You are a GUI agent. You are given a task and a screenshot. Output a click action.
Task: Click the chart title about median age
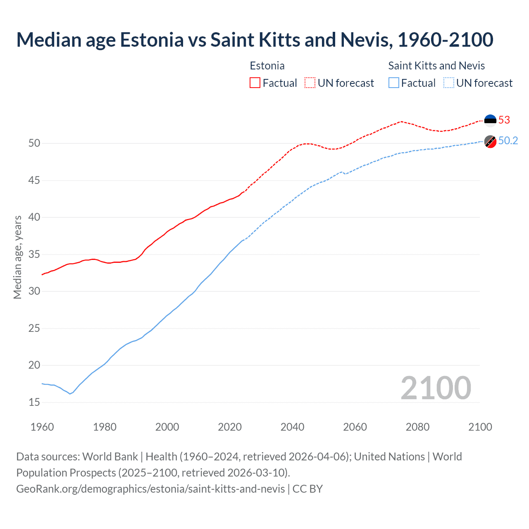pos(255,40)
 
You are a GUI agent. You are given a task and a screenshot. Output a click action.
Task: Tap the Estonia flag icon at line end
pos(490,119)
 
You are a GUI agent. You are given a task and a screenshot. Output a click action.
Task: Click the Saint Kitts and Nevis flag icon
pos(490,141)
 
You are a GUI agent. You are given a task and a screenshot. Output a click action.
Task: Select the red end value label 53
pos(504,120)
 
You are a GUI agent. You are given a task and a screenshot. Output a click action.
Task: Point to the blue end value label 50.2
pos(508,141)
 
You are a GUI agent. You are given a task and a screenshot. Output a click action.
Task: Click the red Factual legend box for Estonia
pos(255,83)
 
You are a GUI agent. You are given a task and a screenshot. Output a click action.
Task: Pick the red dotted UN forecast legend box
pos(310,83)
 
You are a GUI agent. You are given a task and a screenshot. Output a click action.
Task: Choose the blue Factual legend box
pos(393,83)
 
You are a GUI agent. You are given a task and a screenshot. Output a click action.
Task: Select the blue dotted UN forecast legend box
pos(448,83)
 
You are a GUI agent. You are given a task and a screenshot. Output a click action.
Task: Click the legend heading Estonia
pos(267,66)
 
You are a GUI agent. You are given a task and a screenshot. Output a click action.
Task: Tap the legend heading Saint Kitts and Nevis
pos(436,66)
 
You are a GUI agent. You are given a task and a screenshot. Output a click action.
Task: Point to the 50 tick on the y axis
pos(34,143)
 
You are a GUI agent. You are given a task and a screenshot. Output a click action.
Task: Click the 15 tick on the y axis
pos(34,402)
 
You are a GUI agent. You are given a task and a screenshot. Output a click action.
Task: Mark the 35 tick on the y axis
pos(34,254)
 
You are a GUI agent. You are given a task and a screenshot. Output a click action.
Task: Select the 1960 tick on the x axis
pos(42,427)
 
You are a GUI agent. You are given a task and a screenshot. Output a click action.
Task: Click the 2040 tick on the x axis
pos(292,427)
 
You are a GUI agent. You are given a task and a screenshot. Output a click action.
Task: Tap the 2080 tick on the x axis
pos(417,427)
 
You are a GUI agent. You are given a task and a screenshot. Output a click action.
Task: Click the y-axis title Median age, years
pos(17,257)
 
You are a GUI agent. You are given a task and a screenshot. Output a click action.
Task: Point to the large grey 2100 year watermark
pos(436,388)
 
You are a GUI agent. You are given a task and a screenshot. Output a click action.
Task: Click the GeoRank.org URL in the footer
pos(150,488)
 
